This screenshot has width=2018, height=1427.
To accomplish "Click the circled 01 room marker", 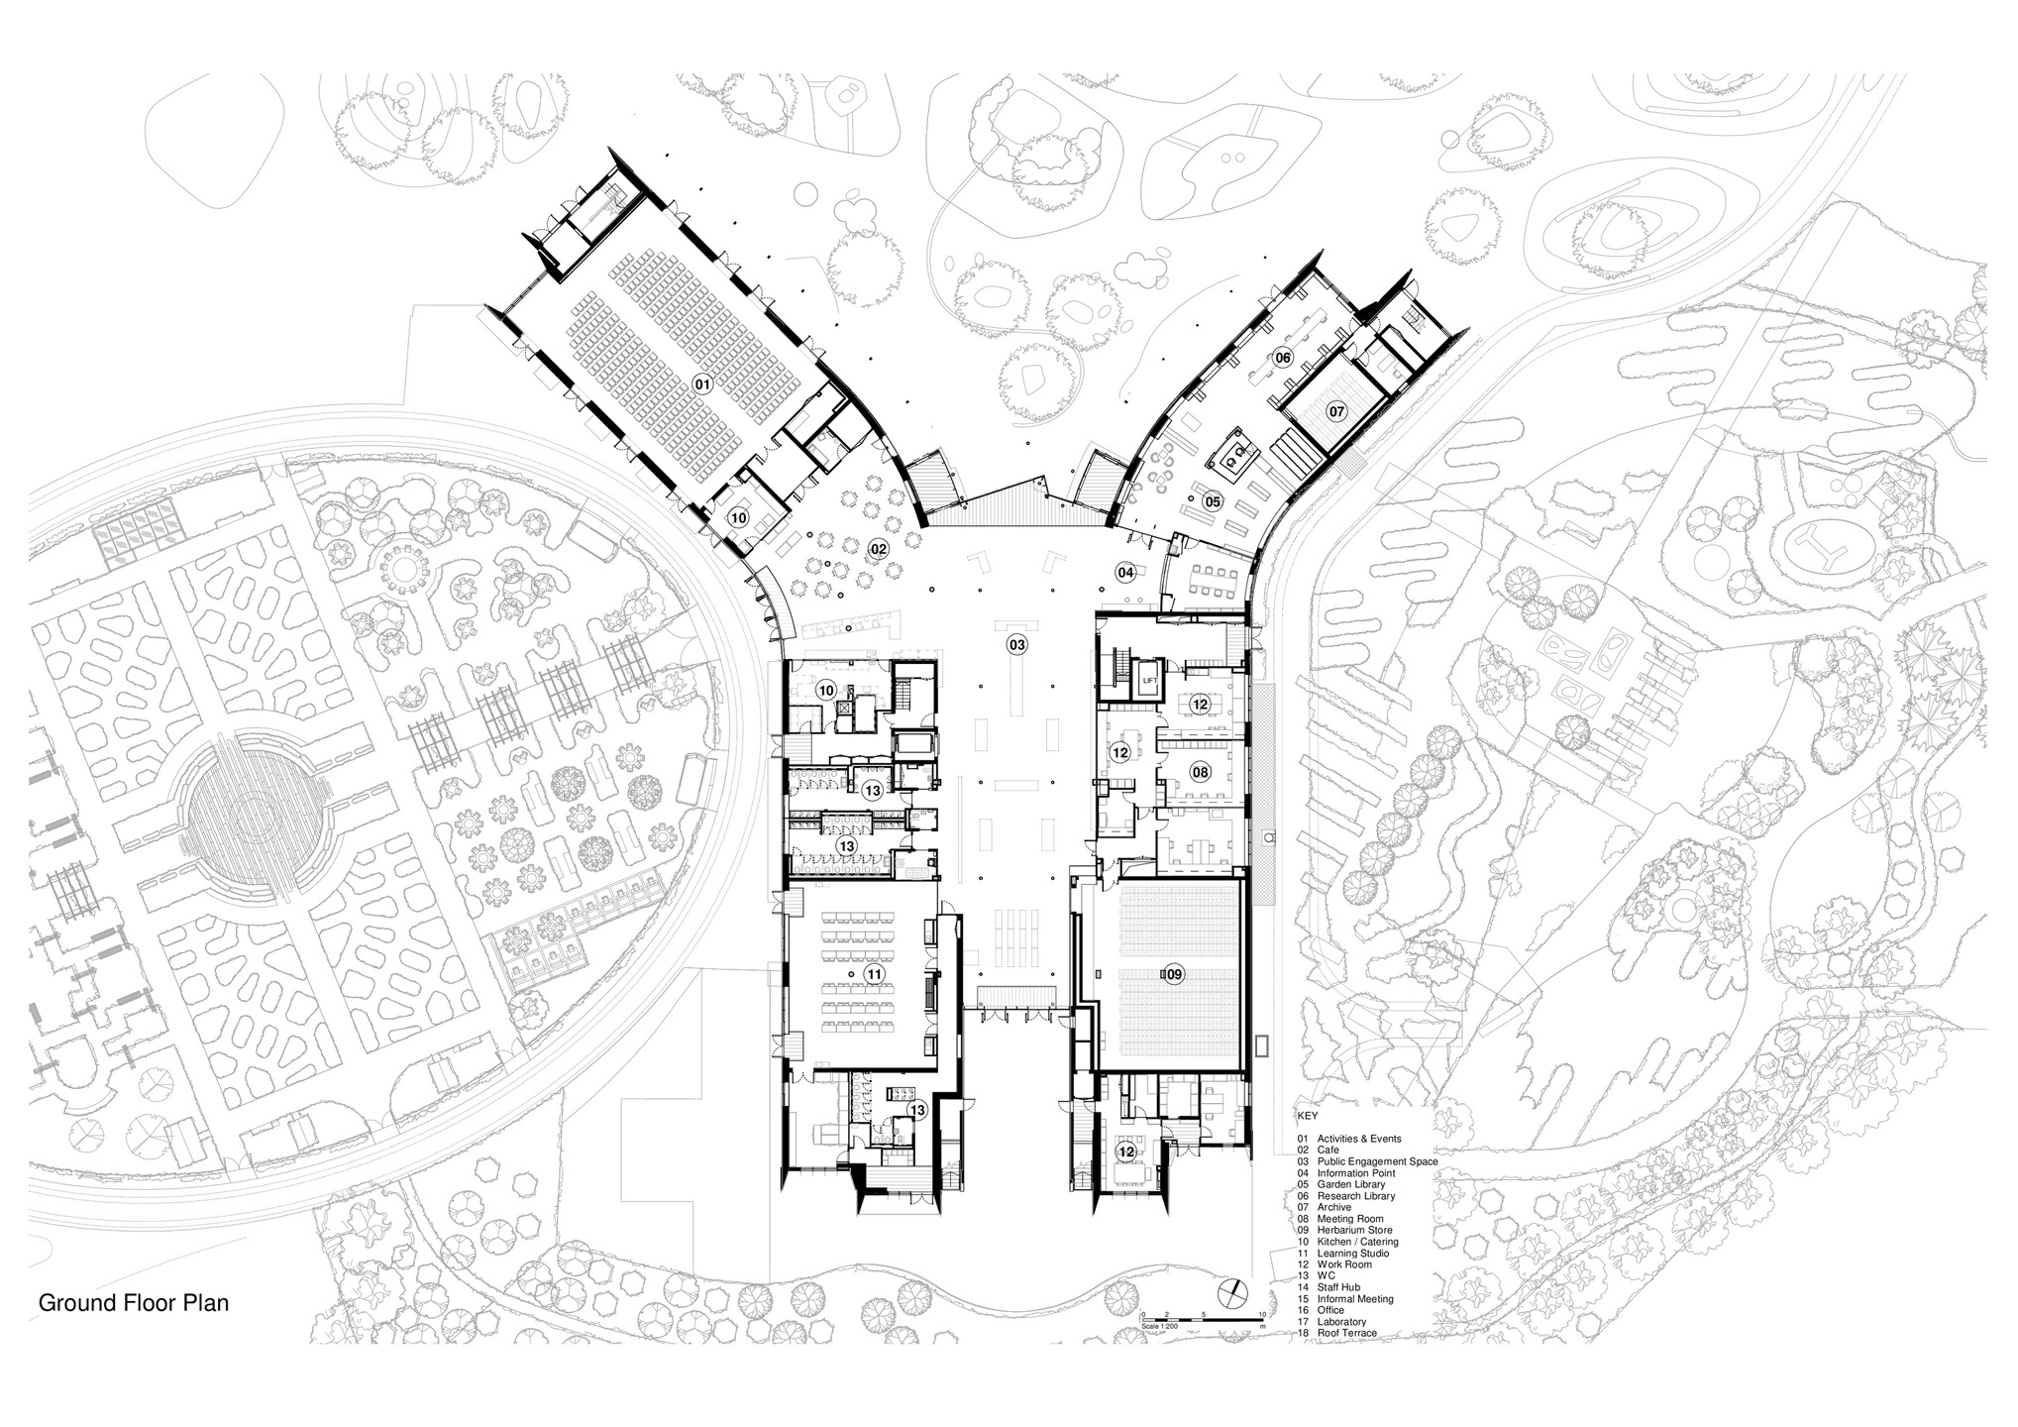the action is pyautogui.click(x=702, y=384).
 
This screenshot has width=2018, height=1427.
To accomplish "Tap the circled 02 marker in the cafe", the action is pyautogui.click(x=878, y=549).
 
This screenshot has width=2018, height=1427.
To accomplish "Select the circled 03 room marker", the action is pyautogui.click(x=1016, y=645).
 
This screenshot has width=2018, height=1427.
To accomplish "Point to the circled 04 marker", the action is pyautogui.click(x=1125, y=572).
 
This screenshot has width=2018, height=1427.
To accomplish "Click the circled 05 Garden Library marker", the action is pyautogui.click(x=1212, y=502).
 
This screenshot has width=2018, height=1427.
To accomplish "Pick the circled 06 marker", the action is pyautogui.click(x=1283, y=358).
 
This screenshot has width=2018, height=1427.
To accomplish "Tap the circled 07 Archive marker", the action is pyautogui.click(x=1336, y=410).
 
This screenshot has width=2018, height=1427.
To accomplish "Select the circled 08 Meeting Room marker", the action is pyautogui.click(x=1200, y=772).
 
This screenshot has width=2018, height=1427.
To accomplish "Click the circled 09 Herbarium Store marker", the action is pyautogui.click(x=1173, y=975).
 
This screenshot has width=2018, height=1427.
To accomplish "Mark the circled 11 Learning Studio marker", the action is pyautogui.click(x=874, y=975).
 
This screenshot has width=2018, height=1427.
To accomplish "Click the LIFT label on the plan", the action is pyautogui.click(x=1149, y=681).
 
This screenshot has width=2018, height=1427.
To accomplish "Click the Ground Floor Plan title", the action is pyautogui.click(x=134, y=1303).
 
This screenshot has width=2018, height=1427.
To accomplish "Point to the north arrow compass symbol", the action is pyautogui.click(x=1229, y=1292).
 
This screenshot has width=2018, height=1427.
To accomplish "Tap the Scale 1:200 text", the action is pyautogui.click(x=1160, y=1325).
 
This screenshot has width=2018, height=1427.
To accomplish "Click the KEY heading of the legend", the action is pyautogui.click(x=1308, y=1116).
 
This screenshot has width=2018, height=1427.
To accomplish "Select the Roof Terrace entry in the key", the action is pyautogui.click(x=1347, y=1333).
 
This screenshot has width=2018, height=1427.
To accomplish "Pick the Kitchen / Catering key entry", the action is pyautogui.click(x=1358, y=1242).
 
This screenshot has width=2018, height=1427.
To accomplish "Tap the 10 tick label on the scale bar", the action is pyautogui.click(x=1262, y=1315).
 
